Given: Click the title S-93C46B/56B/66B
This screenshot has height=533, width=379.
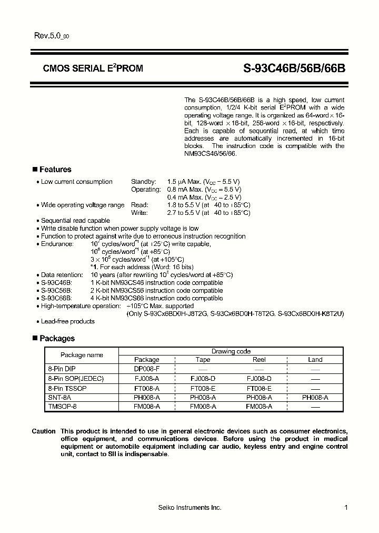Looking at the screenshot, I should click(294, 68).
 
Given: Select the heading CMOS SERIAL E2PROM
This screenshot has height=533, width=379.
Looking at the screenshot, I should click(93, 68).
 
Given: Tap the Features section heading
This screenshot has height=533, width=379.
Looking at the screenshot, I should click(55, 170).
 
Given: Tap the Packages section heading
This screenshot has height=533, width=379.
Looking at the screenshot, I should click(57, 339).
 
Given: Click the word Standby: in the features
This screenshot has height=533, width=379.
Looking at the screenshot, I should click(144, 182).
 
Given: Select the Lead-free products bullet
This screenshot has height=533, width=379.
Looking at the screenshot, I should click(68, 321).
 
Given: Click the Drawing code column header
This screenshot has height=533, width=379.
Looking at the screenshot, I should click(231, 351).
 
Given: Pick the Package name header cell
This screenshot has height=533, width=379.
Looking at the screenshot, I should click(82, 355).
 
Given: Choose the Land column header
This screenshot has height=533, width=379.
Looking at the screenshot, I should click(315, 360).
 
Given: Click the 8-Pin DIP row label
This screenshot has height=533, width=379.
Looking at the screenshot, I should click(62, 370).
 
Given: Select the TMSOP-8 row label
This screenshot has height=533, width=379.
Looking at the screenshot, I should click(62, 407).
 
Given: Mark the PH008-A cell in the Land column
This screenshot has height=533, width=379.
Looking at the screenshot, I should click(315, 398).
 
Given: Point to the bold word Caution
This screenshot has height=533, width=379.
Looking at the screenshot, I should click(43, 431).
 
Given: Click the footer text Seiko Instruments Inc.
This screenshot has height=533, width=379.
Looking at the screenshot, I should click(189, 507).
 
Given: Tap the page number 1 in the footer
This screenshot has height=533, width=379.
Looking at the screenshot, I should click(346, 507).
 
